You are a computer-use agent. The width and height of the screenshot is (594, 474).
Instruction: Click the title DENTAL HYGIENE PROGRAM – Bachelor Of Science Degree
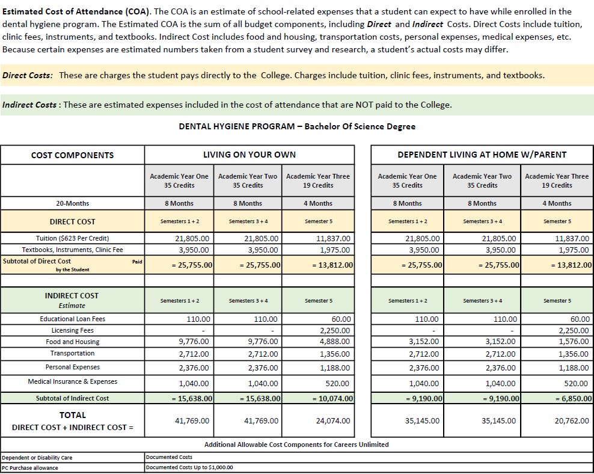pyautogui.click(x=297, y=126)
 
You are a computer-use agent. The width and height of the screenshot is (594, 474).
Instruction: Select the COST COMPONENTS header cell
pyautogui.click(x=72, y=155)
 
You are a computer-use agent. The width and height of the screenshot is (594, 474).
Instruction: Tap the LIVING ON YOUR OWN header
pyautogui.click(x=249, y=155)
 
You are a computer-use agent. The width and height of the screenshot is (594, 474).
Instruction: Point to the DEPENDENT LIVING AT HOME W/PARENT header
pyautogui.click(x=482, y=155)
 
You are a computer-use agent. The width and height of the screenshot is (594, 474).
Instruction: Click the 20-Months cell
pyautogui.click(x=72, y=203)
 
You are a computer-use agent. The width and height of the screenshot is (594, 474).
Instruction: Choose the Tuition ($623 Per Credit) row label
pyautogui.click(x=72, y=238)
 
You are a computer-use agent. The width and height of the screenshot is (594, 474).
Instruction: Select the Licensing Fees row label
pyautogui.click(x=72, y=330)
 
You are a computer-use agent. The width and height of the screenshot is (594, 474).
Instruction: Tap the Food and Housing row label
pyautogui.click(x=72, y=342)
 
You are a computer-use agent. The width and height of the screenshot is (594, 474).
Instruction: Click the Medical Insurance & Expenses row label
pyautogui.click(x=72, y=381)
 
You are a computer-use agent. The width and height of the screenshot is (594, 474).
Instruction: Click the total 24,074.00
pyautogui.click(x=332, y=421)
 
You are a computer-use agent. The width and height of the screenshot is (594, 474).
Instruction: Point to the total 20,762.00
pyautogui.click(x=572, y=421)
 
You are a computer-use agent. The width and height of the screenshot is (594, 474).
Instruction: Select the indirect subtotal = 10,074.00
pyautogui.click(x=332, y=398)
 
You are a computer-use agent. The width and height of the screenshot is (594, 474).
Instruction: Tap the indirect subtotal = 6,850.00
pyautogui.click(x=572, y=398)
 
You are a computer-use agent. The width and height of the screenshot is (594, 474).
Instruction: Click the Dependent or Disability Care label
pyautogui.click(x=37, y=458)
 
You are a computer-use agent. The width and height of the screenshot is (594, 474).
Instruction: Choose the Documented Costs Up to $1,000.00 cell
pyautogui.click(x=189, y=467)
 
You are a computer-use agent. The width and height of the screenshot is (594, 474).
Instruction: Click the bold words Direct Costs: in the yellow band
pyautogui.click(x=27, y=75)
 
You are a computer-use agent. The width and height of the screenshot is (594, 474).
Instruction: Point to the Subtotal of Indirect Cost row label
pyautogui.click(x=72, y=398)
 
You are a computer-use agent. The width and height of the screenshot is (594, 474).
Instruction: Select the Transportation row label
pyautogui.click(x=72, y=353)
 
